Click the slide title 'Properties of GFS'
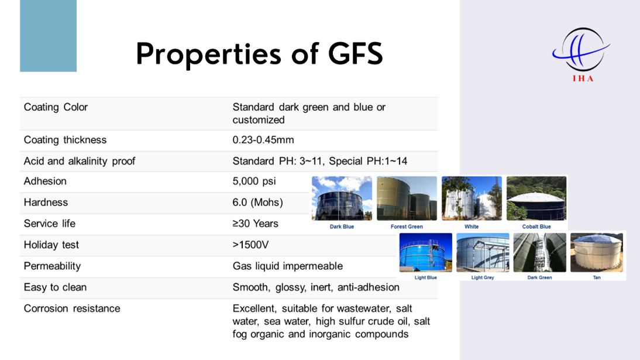[260, 54]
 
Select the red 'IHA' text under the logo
[583, 78]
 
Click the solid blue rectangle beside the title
[48, 36]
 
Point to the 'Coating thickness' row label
[65, 140]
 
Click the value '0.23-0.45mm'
[263, 140]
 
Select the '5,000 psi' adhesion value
[254, 181]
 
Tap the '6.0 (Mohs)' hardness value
[257, 203]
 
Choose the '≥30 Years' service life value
[256, 224]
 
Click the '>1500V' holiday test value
[250, 245]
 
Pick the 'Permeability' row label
[52, 266]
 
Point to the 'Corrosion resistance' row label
[72, 308]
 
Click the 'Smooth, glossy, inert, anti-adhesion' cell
[316, 287]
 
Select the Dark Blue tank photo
[342, 198]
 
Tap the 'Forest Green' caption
[407, 227]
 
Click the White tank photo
[472, 198]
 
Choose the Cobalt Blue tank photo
[536, 198]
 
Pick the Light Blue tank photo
[426, 252]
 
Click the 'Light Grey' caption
[483, 277]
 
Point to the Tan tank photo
[597, 252]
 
